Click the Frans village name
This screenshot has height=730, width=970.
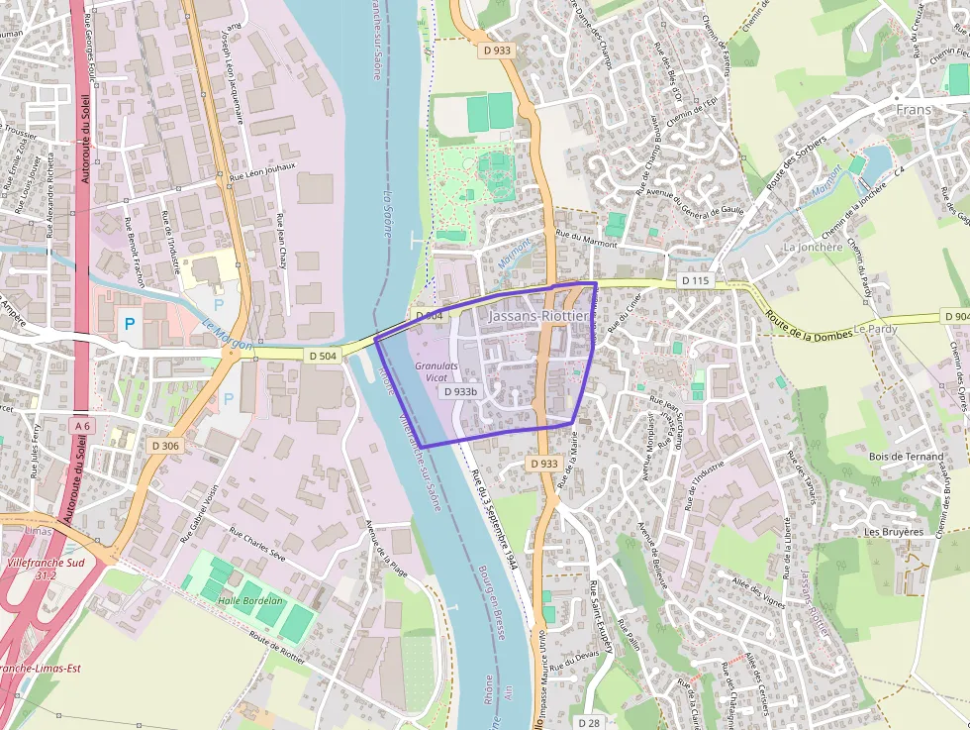click(916, 108)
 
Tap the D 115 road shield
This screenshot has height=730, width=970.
click(696, 281)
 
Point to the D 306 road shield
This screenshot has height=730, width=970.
click(166, 446)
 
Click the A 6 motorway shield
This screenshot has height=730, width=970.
click(82, 425)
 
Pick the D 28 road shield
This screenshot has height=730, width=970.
click(591, 723)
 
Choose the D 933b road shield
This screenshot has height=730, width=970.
click(461, 391)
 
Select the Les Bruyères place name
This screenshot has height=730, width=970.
click(893, 532)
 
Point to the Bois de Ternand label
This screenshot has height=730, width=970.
click(906, 457)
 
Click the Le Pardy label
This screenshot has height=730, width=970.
click(874, 328)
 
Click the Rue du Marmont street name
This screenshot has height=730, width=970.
click(586, 238)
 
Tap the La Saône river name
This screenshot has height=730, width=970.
click(388, 209)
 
